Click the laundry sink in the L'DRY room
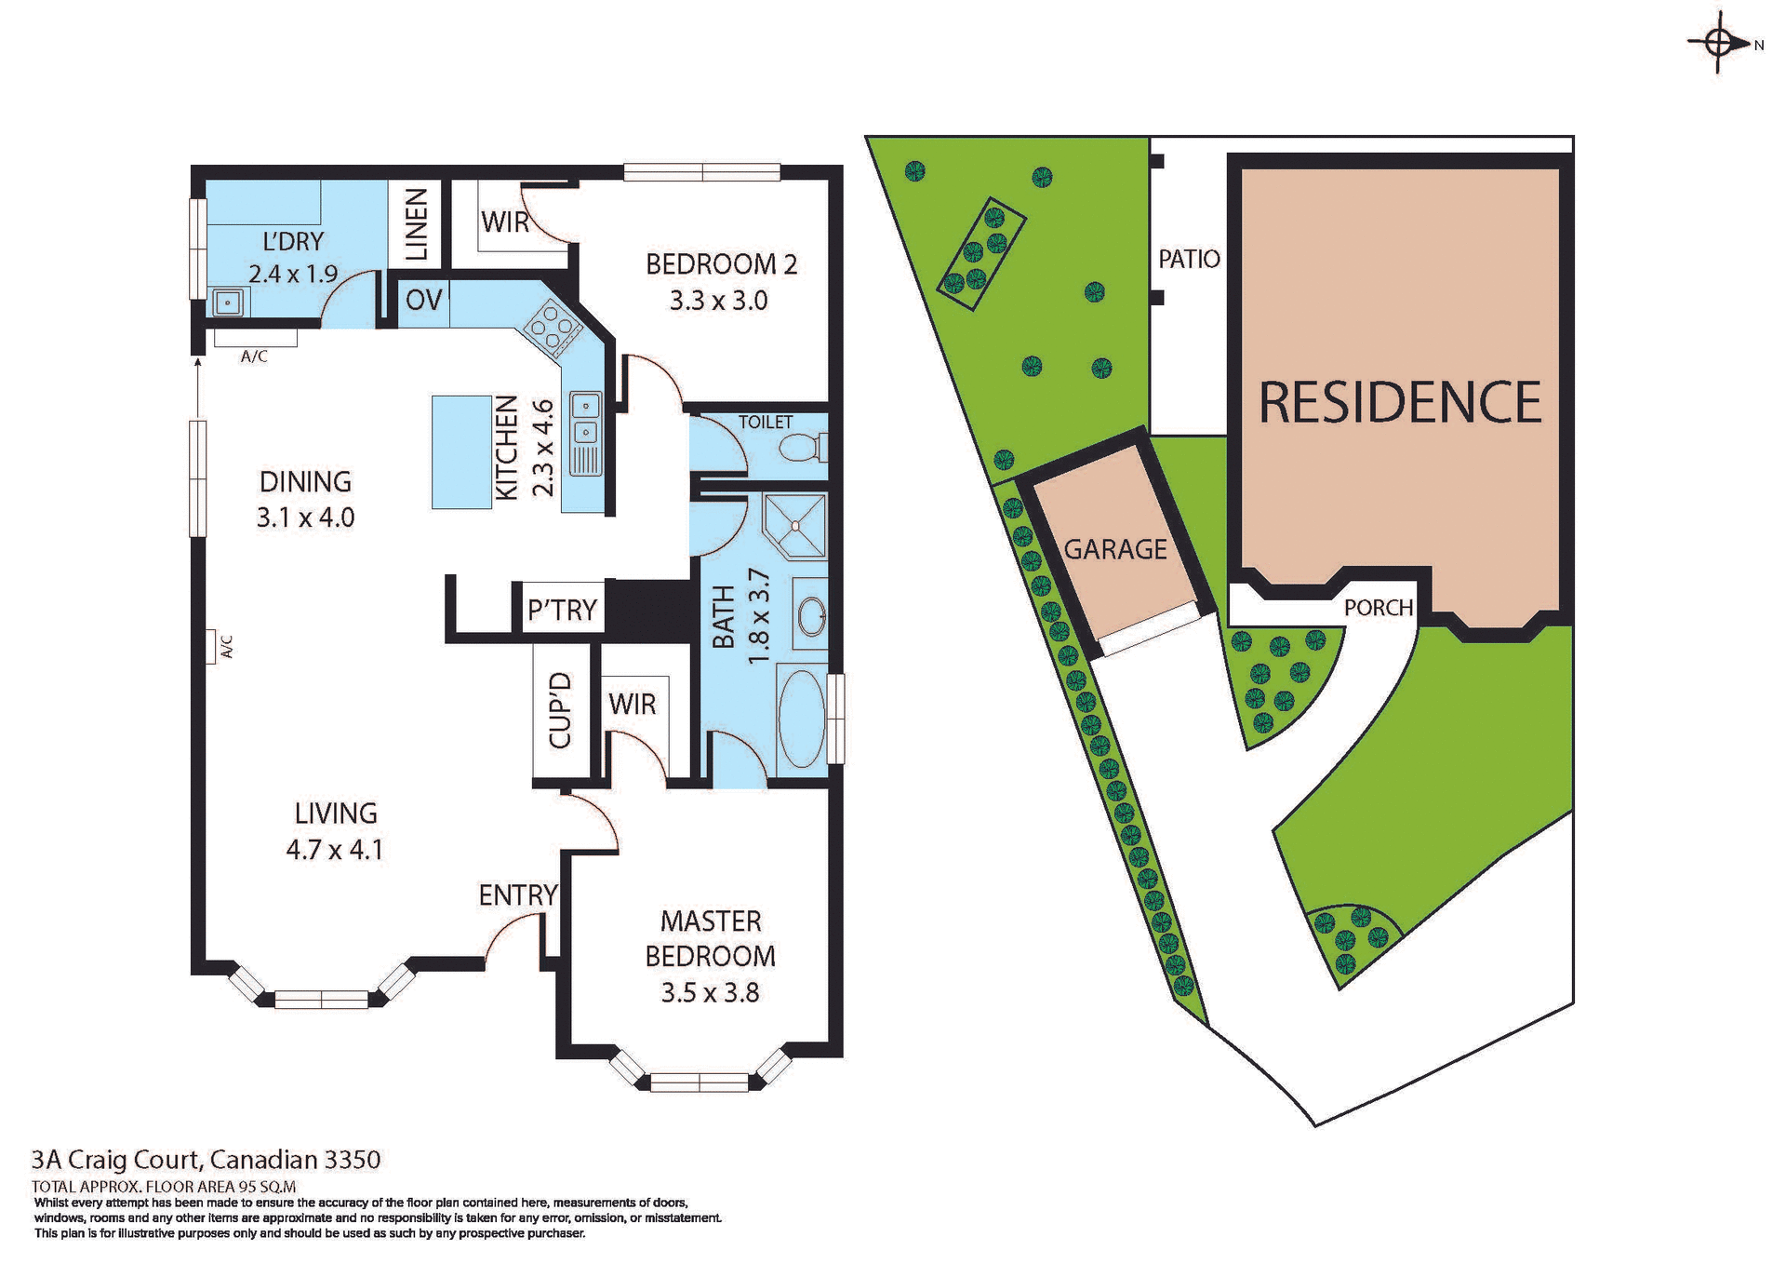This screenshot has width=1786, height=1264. click(x=228, y=303)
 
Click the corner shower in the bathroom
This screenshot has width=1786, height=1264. click(x=795, y=526)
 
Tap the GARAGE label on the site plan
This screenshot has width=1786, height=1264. click(x=1114, y=549)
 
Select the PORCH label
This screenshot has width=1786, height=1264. click(x=1378, y=608)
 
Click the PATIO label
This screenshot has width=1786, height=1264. click(x=1188, y=259)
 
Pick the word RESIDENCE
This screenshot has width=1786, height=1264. click(x=1400, y=402)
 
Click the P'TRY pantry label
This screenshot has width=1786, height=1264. click(x=562, y=610)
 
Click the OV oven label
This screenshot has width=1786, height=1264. click(x=423, y=300)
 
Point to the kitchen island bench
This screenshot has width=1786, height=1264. click(x=461, y=451)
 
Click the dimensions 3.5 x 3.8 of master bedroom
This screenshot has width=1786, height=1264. click(x=710, y=993)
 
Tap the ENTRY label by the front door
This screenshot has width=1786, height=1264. click(x=517, y=895)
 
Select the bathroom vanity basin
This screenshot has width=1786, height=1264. click(x=812, y=615)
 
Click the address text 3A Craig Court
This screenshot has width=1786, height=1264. click(x=115, y=1160)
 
